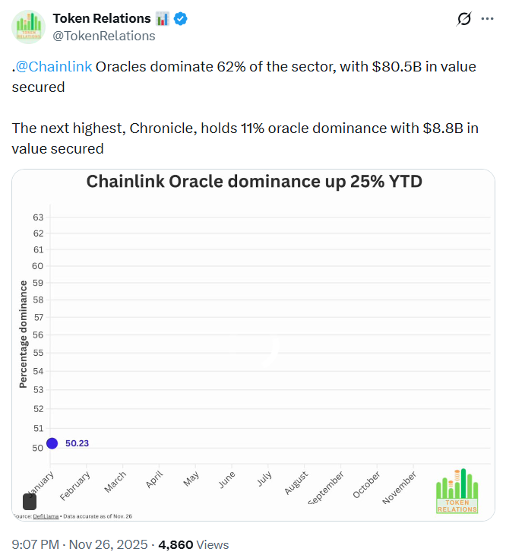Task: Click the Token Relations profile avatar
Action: (x=27, y=27)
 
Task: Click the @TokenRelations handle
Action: (x=104, y=36)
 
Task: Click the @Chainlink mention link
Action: (x=54, y=67)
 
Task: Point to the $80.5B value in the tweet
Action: (x=397, y=67)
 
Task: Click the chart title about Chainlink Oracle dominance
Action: (x=254, y=182)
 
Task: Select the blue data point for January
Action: (x=52, y=443)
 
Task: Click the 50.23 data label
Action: (x=77, y=443)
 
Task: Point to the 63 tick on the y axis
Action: (x=38, y=217)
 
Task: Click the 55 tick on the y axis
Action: (x=38, y=354)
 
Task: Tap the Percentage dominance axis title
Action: (x=24, y=334)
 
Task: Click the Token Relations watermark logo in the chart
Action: (x=457, y=491)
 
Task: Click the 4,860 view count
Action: (x=176, y=544)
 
